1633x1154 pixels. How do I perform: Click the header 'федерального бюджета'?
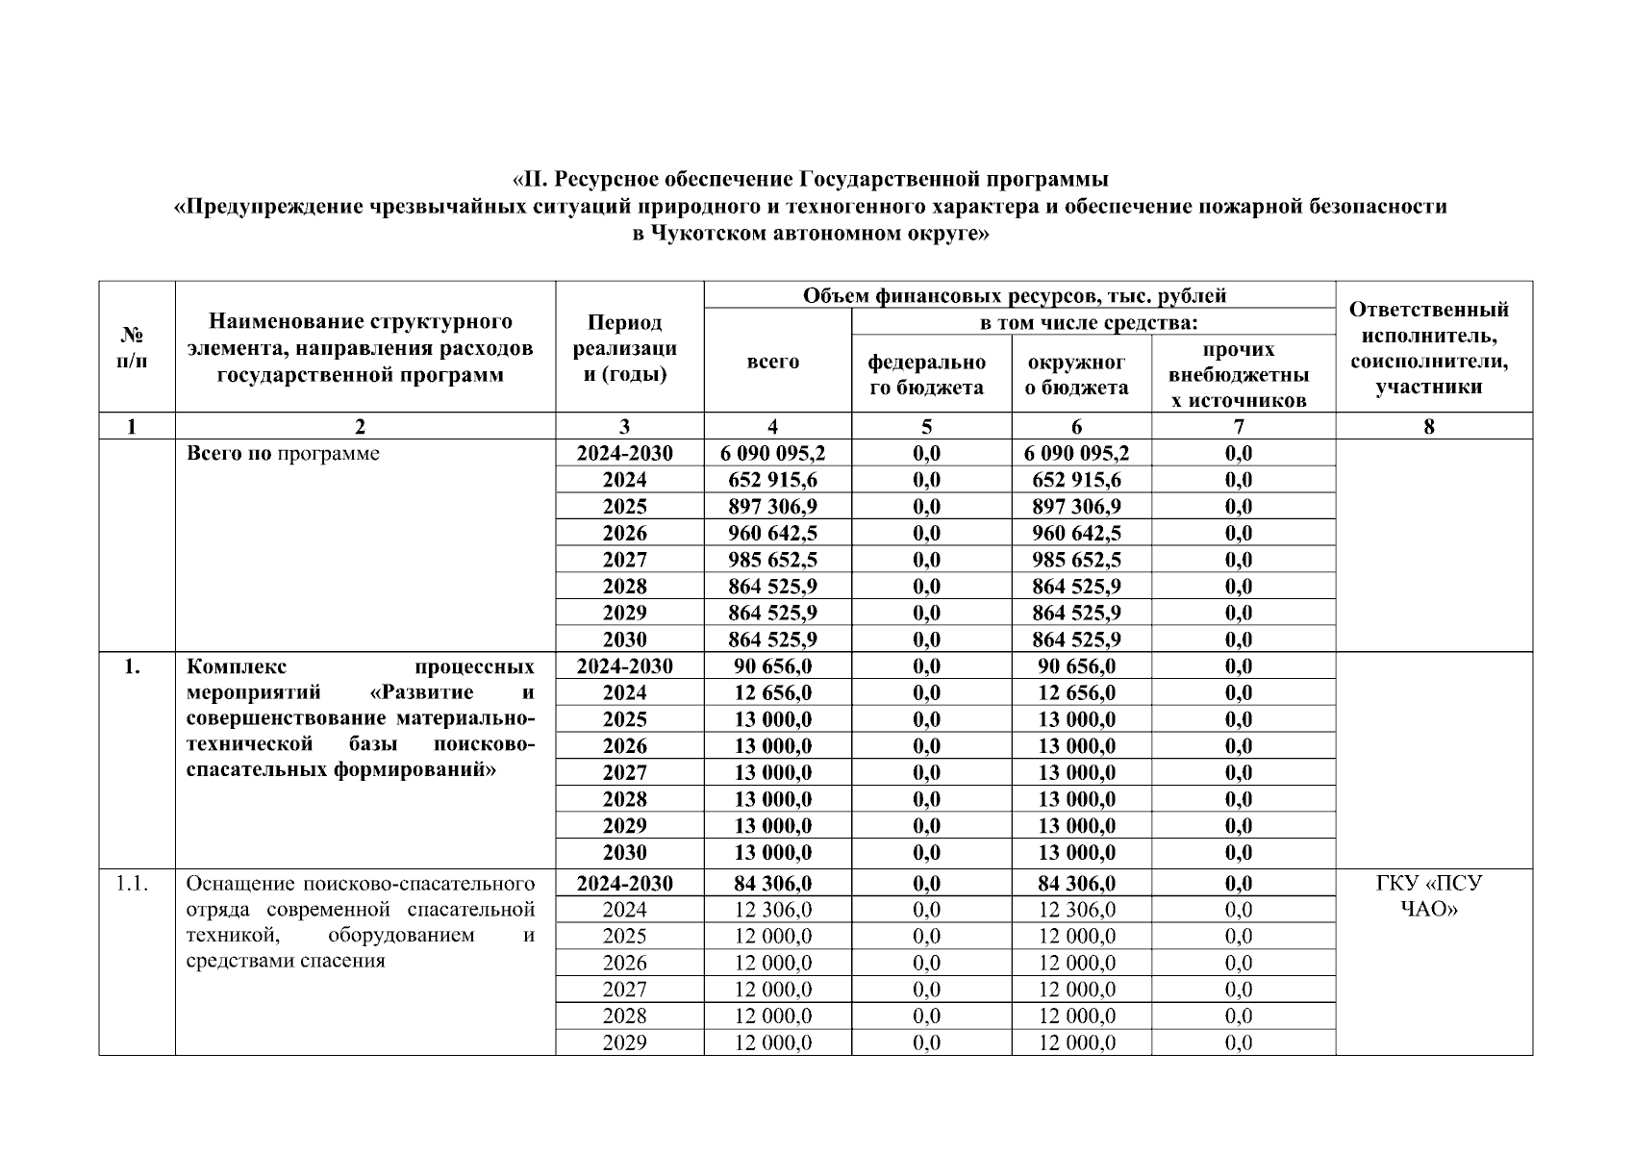(x=926, y=374)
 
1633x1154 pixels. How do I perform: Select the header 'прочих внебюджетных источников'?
(x=1238, y=374)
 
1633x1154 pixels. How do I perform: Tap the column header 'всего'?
(x=772, y=362)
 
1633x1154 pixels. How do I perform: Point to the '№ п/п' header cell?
(x=133, y=347)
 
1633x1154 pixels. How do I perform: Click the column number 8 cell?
(x=1428, y=426)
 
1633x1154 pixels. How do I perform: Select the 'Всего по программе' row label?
(x=283, y=453)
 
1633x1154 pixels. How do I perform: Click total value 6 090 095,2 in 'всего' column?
(x=772, y=453)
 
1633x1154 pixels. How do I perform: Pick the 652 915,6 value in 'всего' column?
(x=772, y=480)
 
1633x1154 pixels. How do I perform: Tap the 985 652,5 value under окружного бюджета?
(x=1076, y=560)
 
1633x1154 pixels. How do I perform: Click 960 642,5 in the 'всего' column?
(x=772, y=533)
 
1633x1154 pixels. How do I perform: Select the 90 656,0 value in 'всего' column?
(x=772, y=666)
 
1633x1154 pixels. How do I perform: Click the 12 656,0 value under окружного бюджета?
(x=1076, y=692)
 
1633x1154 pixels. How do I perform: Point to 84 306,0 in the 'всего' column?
(x=772, y=883)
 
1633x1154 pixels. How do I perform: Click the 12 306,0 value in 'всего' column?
(x=772, y=910)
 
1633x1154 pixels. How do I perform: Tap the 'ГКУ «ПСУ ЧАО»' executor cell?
(x=1428, y=895)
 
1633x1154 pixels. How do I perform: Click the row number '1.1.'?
(x=132, y=883)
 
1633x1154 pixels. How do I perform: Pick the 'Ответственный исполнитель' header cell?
(x=1428, y=347)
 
